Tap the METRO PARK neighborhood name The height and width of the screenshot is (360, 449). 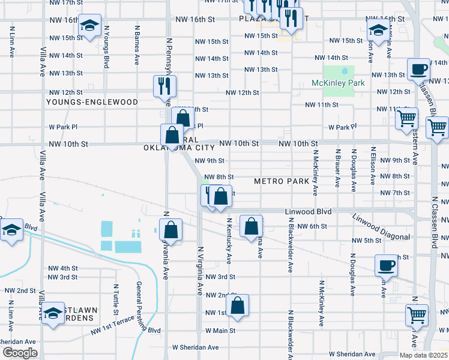click(282, 181)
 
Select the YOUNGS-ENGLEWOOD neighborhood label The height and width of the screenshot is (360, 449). click(92, 102)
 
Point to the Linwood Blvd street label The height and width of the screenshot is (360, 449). click(309, 211)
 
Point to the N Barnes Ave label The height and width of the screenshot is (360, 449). click(137, 45)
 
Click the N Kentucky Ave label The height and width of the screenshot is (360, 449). click(229, 240)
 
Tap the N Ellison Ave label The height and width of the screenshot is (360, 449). click(373, 166)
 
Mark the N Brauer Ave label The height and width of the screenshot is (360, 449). click(338, 167)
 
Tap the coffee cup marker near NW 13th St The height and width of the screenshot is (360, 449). click(418, 69)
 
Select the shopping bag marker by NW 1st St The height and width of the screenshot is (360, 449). click(238, 305)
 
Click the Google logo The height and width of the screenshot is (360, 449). click(20, 353)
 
